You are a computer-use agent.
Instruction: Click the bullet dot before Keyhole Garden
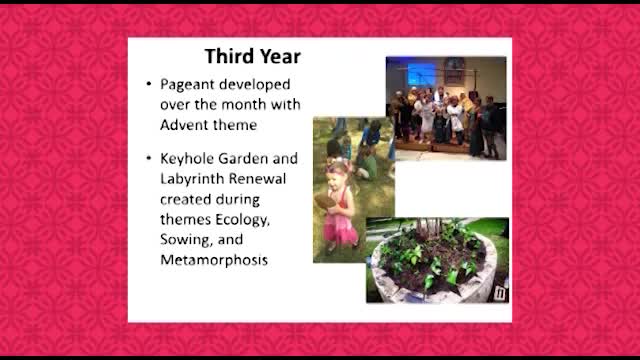[149, 158]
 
